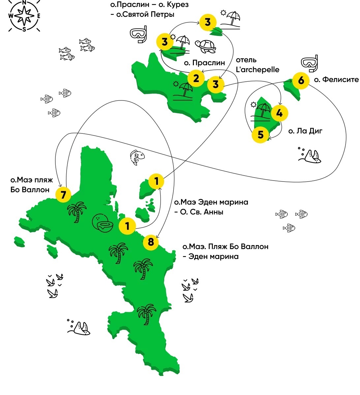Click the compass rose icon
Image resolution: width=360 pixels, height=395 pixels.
pyautogui.click(x=24, y=16)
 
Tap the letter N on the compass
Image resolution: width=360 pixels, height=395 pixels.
pyautogui.click(x=24, y=3)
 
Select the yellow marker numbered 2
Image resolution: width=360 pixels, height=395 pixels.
pyautogui.click(x=196, y=79)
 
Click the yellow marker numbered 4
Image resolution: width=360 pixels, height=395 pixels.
pyautogui.click(x=279, y=113)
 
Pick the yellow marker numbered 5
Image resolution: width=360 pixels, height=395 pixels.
pyautogui.click(x=261, y=135)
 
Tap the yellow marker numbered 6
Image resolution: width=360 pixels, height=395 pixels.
pyautogui.click(x=301, y=80)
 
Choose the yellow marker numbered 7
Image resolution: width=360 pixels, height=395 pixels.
pyautogui.click(x=64, y=195)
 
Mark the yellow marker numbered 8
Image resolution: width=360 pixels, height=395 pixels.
pyautogui.click(x=151, y=242)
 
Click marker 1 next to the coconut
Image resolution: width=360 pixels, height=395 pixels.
pyautogui.click(x=127, y=226)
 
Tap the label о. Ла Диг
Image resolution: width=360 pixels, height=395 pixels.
pyautogui.click(x=305, y=131)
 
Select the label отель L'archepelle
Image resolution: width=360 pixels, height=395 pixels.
pyautogui.click(x=257, y=65)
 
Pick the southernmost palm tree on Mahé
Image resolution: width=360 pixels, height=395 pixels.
pyautogui.click(x=146, y=314)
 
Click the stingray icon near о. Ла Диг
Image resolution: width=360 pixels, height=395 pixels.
pyautogui.click(x=312, y=155)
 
